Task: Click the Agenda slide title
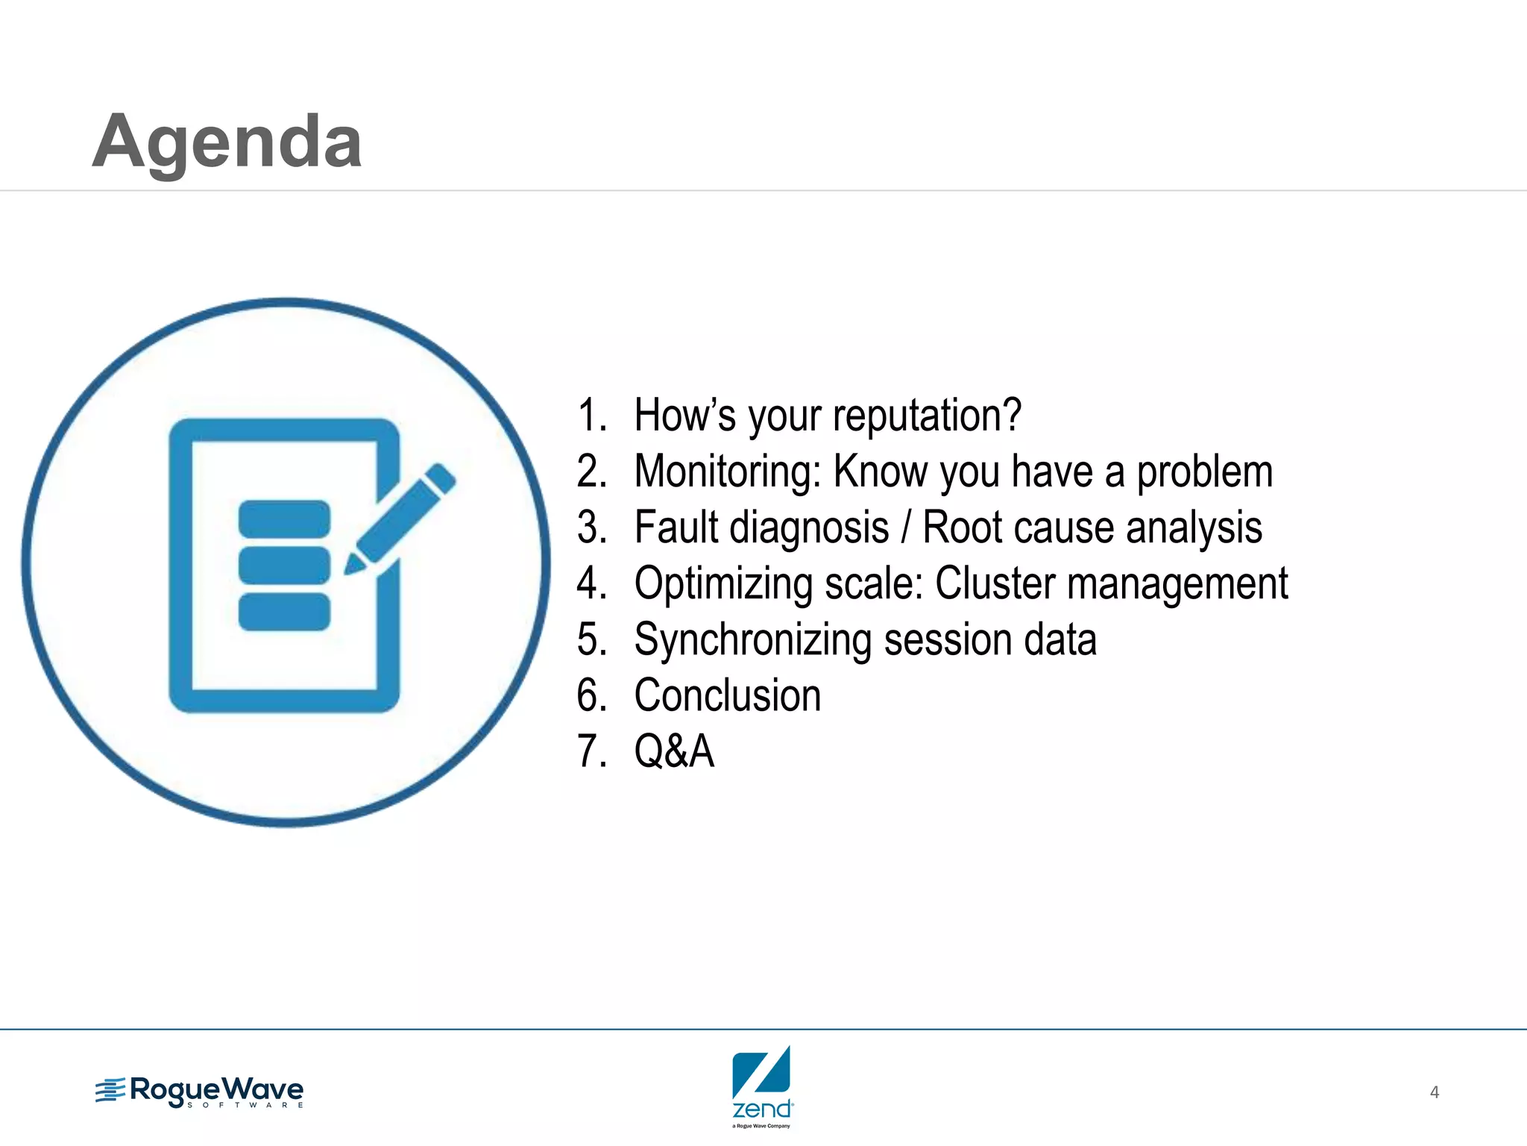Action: (227, 142)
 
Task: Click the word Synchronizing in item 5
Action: (752, 640)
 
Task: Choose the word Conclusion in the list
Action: (727, 695)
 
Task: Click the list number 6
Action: (591, 695)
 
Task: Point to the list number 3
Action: (591, 527)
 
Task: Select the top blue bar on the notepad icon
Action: (284, 518)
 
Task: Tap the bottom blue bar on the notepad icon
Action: (284, 612)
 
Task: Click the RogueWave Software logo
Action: (200, 1092)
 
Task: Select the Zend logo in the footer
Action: (762, 1086)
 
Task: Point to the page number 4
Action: (1434, 1092)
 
